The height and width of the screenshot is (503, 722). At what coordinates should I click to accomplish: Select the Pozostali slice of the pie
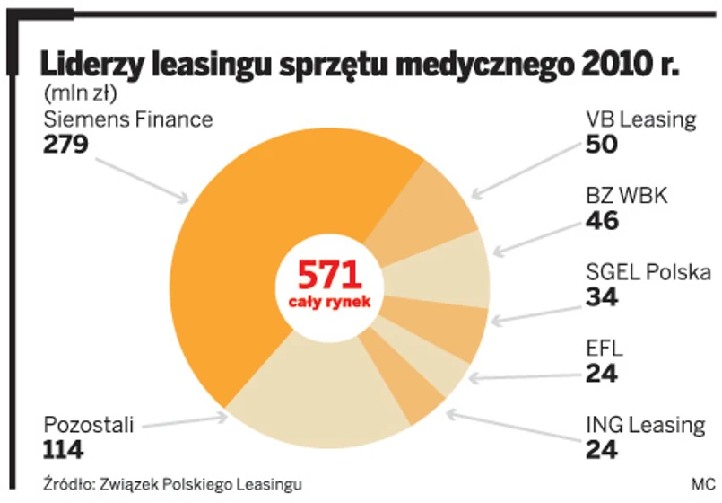coord(305,404)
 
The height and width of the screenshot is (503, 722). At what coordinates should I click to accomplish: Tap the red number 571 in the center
coord(329,275)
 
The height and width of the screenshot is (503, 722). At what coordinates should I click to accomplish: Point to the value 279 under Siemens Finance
coord(66,143)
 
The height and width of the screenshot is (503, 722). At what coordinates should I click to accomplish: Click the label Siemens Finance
coord(127,119)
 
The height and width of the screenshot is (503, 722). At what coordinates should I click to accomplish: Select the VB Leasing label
coord(640,119)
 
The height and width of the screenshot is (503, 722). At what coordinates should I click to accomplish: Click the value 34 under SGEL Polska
coord(602,296)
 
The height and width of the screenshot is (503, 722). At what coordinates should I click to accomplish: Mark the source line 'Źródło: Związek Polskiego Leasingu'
coord(171,483)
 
